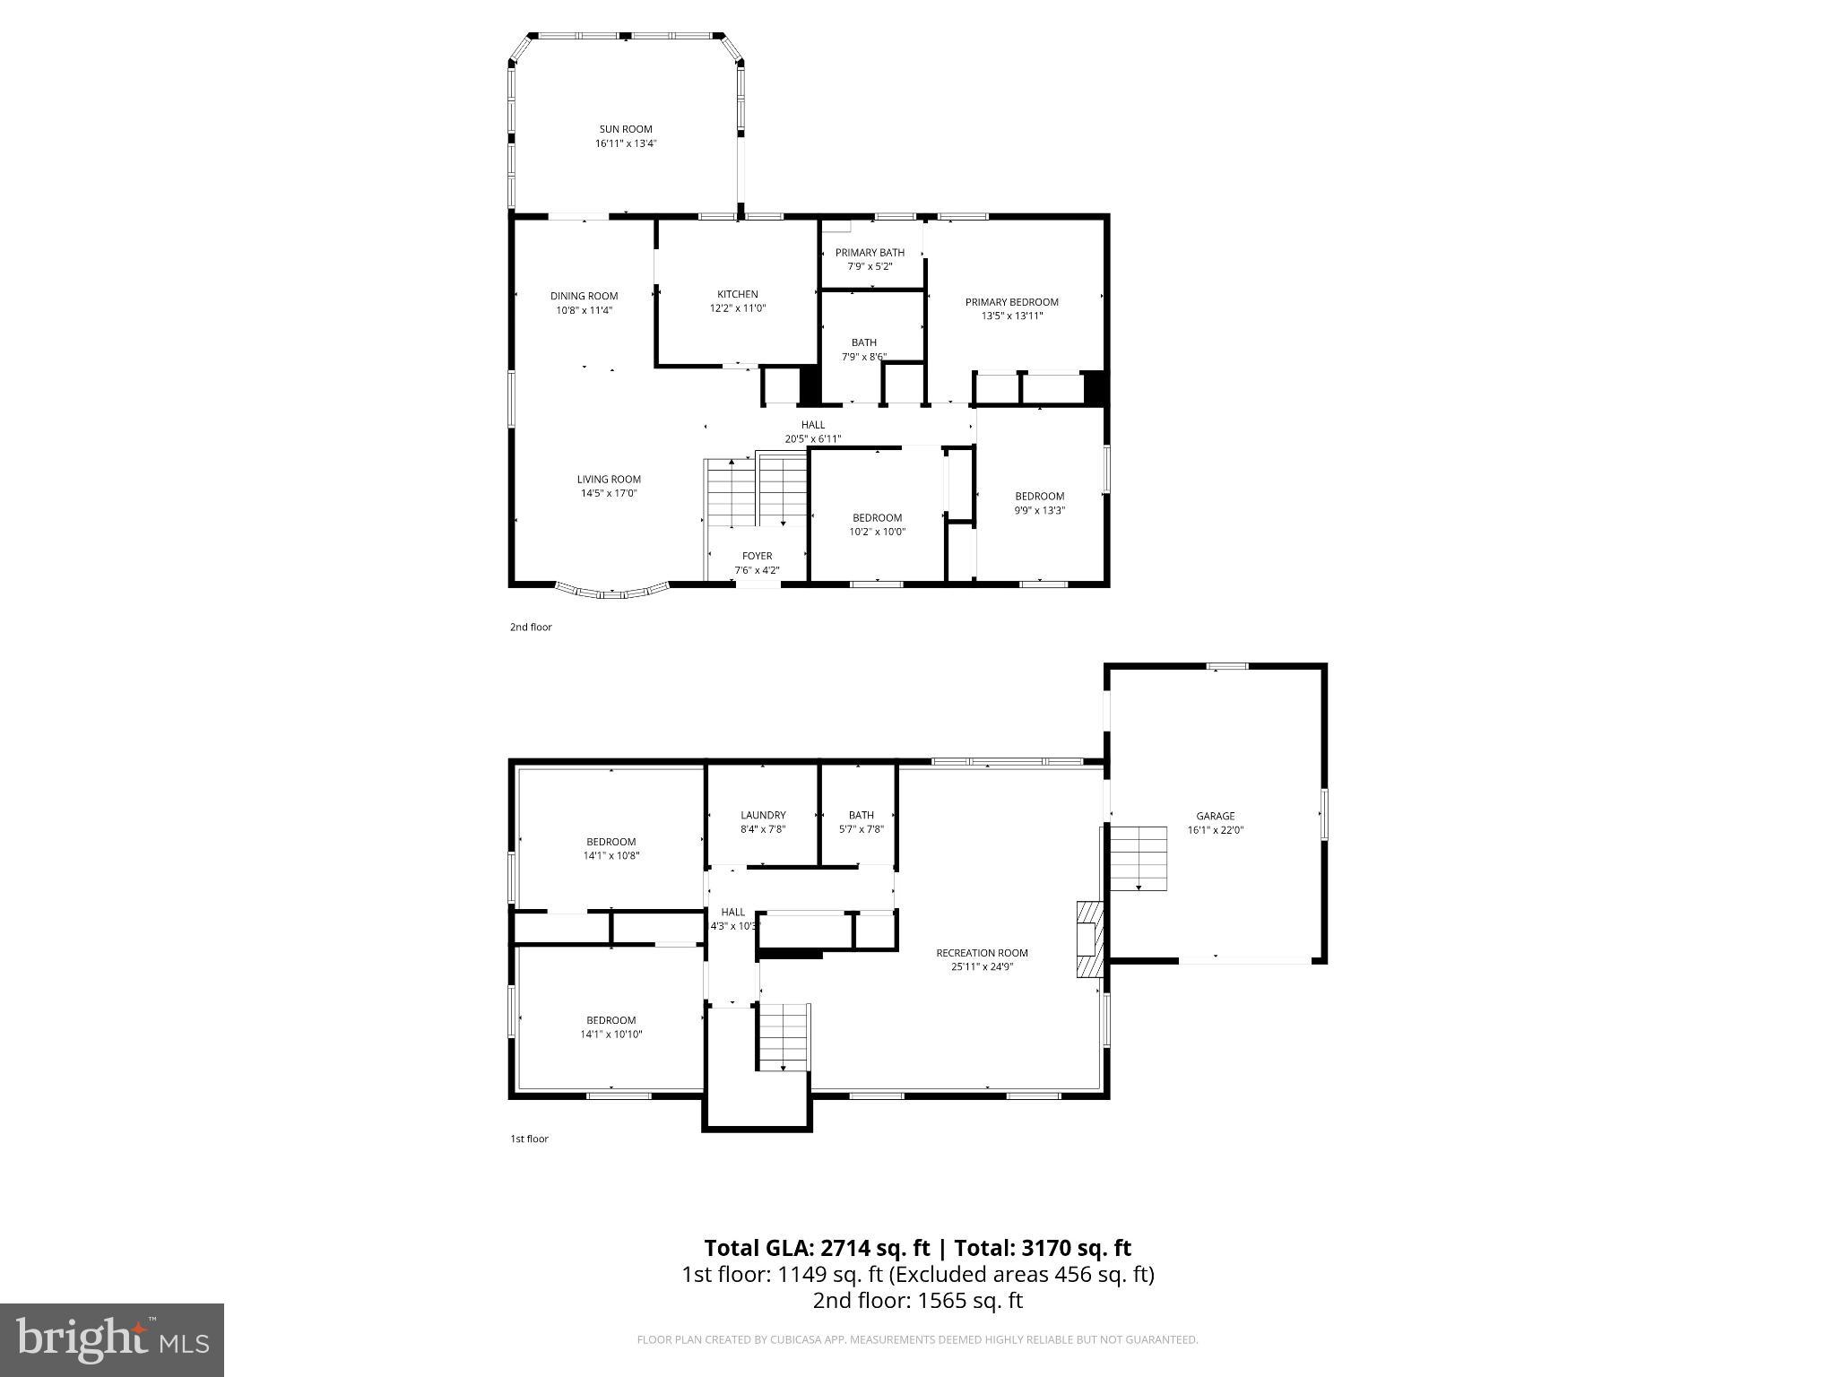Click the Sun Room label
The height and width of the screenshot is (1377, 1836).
626,129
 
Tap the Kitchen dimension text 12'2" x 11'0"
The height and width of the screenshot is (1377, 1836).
737,308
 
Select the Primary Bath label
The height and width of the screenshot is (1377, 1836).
870,253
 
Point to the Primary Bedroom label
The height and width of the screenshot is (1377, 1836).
1011,302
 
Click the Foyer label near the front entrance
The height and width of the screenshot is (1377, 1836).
757,556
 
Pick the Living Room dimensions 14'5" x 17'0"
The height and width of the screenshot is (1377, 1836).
609,493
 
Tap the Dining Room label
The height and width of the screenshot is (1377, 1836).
584,296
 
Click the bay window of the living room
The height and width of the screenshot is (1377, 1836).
612,591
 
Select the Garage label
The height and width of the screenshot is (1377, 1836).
1215,816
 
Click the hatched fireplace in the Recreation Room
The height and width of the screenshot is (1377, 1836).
1088,940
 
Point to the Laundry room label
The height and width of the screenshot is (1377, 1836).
763,815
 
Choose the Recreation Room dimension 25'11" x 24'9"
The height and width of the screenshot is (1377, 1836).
982,966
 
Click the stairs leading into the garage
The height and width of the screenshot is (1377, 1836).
1139,858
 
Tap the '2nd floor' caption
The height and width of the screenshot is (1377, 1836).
531,627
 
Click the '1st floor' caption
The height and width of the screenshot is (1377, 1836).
529,1139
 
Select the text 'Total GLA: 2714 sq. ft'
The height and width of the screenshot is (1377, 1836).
818,1248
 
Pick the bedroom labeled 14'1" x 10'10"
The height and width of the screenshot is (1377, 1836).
611,1026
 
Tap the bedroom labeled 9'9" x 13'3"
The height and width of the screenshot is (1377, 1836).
1039,503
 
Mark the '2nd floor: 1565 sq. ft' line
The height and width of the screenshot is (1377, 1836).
917,1300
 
